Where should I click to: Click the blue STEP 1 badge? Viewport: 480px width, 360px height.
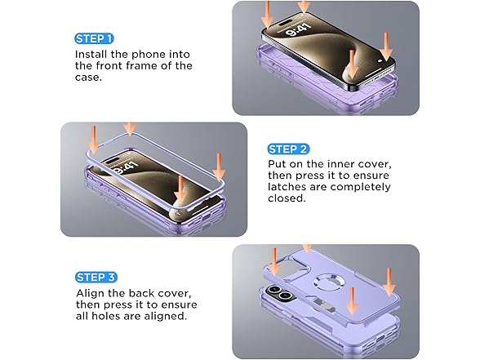pos(94,38)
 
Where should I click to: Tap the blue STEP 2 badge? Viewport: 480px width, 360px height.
pos(288,149)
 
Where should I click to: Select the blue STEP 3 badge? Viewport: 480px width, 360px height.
pos(96,277)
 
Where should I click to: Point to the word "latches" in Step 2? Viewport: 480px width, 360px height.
pos(287,187)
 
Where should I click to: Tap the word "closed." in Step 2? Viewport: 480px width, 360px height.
pos(287,198)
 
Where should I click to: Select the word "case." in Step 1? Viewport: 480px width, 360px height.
pos(88,77)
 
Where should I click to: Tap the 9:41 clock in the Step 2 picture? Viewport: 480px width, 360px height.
pos(125,167)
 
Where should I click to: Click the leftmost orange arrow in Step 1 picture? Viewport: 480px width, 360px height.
pos(267,15)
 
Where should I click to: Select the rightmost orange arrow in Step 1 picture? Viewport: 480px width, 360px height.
pos(386,47)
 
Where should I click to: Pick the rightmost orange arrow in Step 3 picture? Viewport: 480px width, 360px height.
pos(389,282)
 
